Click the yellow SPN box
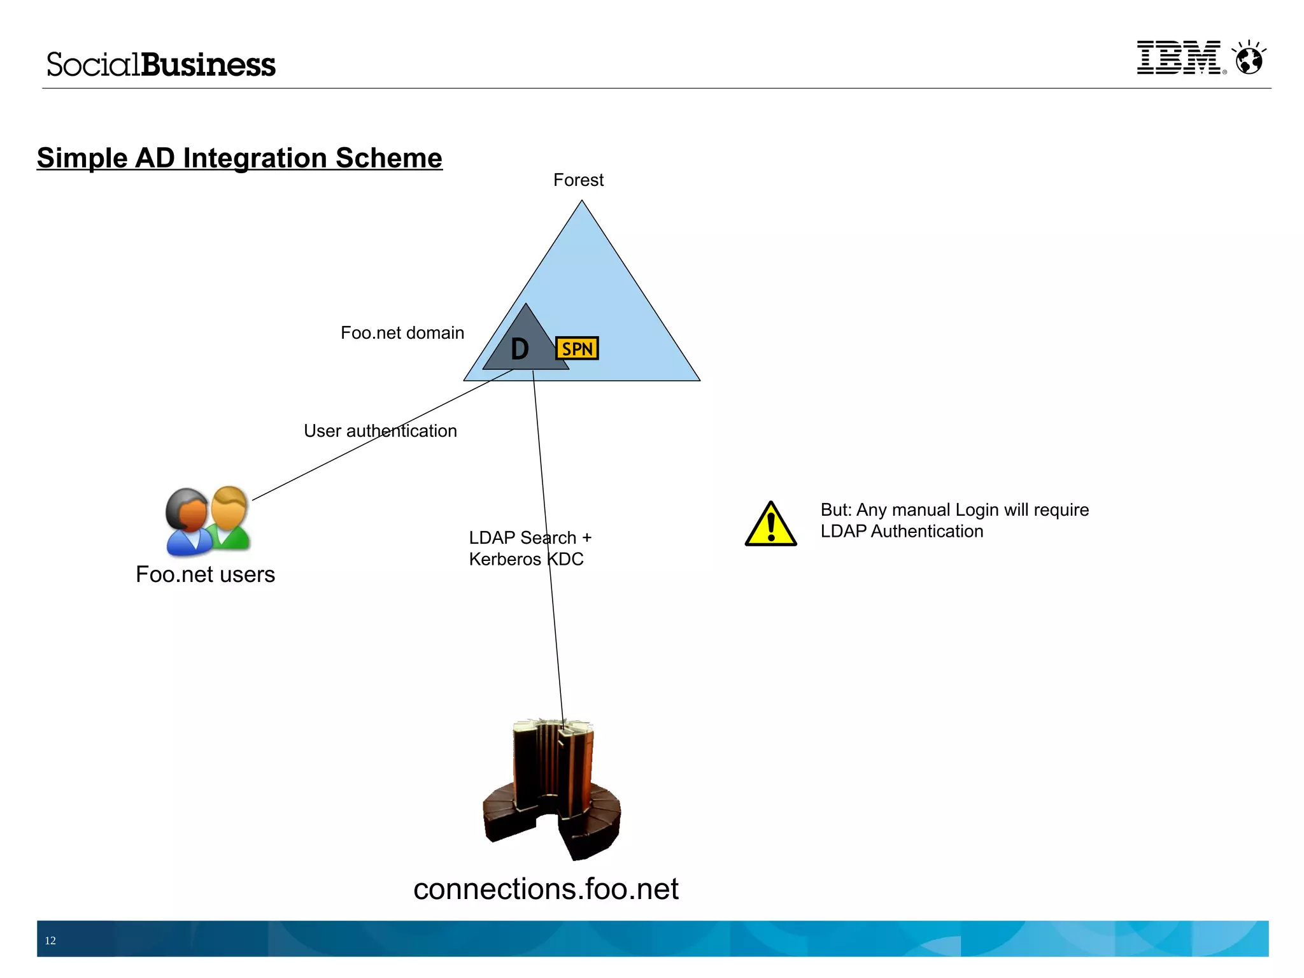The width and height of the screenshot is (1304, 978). pos(577,348)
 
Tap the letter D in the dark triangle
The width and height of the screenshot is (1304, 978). pos(520,349)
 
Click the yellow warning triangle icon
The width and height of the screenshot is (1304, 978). pos(770,525)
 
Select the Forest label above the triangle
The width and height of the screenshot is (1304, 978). pos(578,180)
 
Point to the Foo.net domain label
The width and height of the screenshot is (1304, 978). pos(402,333)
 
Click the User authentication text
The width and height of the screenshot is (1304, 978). pos(380,431)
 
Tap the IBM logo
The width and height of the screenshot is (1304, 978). pos(1179,58)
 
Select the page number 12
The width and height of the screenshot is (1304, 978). pos(50,940)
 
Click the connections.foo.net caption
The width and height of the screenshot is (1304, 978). pos(546,889)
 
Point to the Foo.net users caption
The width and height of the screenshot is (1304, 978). pos(205,574)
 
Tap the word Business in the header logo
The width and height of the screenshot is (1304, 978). pos(208,65)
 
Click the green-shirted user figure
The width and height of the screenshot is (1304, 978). pos(229,519)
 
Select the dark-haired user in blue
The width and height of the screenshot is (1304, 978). pos(187,522)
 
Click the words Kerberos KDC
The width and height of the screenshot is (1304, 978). pos(526,559)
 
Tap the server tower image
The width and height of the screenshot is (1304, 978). pos(551,790)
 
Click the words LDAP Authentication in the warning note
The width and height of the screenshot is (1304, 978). pos(902,531)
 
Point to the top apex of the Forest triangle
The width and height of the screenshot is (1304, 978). pos(581,203)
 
